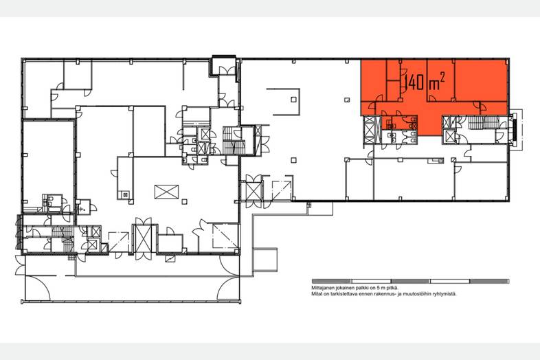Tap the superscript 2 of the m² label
442,78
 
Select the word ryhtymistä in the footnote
446,294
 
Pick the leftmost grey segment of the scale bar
331,282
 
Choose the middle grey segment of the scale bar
411,282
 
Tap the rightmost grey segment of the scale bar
489,282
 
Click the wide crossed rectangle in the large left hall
167,192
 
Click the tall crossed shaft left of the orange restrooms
370,130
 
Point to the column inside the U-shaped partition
293,100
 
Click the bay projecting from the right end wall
516,130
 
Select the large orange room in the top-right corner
480,80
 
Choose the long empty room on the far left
49,161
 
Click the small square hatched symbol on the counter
125,195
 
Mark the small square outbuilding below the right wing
265,260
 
